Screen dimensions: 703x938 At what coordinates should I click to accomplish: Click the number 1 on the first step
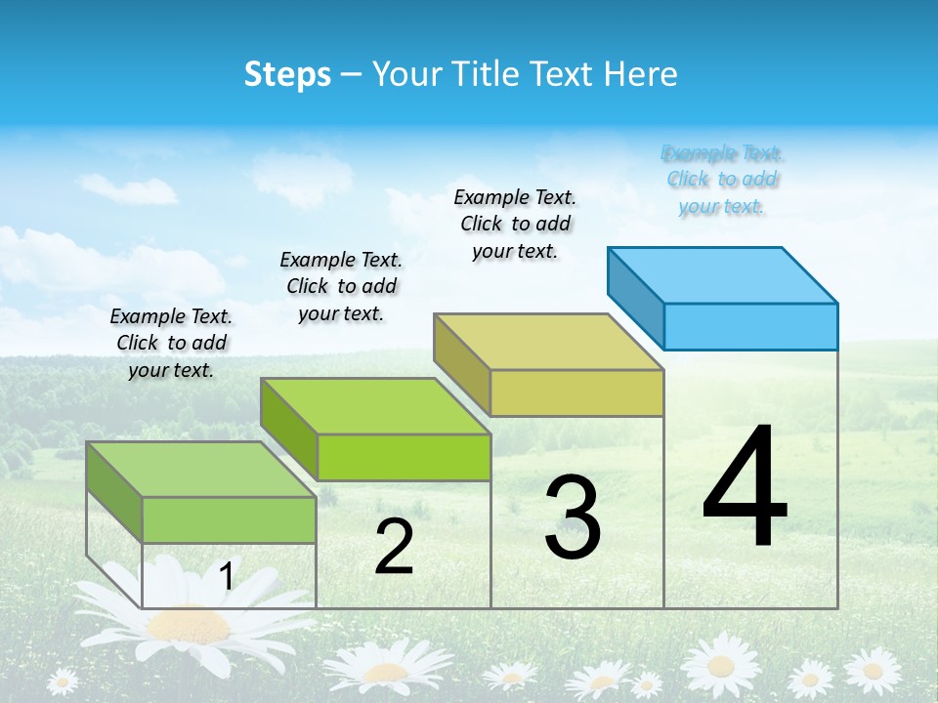tap(226, 577)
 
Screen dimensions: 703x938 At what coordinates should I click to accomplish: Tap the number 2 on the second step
tap(394, 547)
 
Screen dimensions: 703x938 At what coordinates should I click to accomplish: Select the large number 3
tap(573, 517)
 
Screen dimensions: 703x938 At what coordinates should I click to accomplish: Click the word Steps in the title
tap(287, 74)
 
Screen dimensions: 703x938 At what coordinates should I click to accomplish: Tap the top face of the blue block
tap(723, 274)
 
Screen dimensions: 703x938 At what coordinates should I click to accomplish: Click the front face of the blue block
tap(750, 326)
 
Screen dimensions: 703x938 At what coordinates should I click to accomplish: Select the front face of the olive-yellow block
tap(576, 393)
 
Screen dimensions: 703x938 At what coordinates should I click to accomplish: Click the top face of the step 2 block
tap(375, 406)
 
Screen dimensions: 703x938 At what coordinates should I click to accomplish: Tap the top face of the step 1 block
tap(201, 470)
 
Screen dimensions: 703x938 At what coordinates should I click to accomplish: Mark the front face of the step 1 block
tap(229, 519)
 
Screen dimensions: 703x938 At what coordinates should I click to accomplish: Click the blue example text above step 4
tap(722, 180)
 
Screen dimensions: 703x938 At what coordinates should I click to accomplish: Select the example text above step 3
tap(515, 225)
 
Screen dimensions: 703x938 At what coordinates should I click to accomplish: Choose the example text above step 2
tap(341, 286)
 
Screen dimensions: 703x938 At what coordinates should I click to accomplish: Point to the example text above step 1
tap(171, 343)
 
